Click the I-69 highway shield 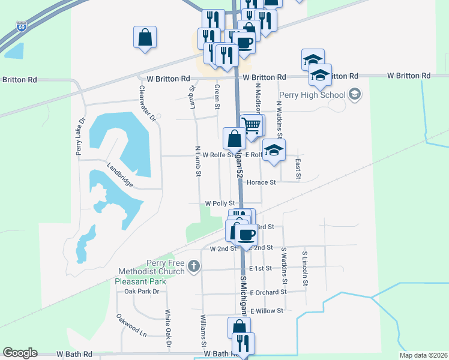tap(22, 26)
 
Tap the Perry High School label tap(312, 95)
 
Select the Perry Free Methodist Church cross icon tap(193, 266)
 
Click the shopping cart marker tap(252, 125)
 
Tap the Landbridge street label tap(120, 176)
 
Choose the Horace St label tap(261, 182)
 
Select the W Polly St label tap(220, 203)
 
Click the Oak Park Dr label tap(142, 292)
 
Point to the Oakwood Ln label tap(131, 325)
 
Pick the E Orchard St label tap(269, 292)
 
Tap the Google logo tap(20, 353)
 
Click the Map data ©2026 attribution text tap(423, 355)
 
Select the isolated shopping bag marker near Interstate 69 tap(145, 38)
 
